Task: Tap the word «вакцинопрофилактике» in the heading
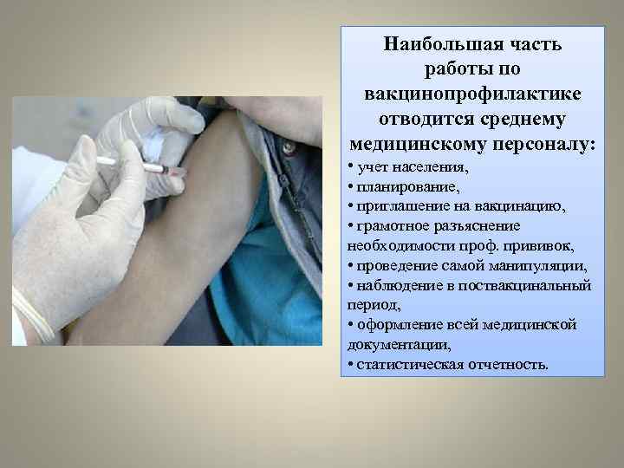(473, 93)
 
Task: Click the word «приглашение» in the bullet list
(391, 205)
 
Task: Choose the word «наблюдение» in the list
(389, 285)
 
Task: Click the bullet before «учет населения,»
(348, 166)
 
